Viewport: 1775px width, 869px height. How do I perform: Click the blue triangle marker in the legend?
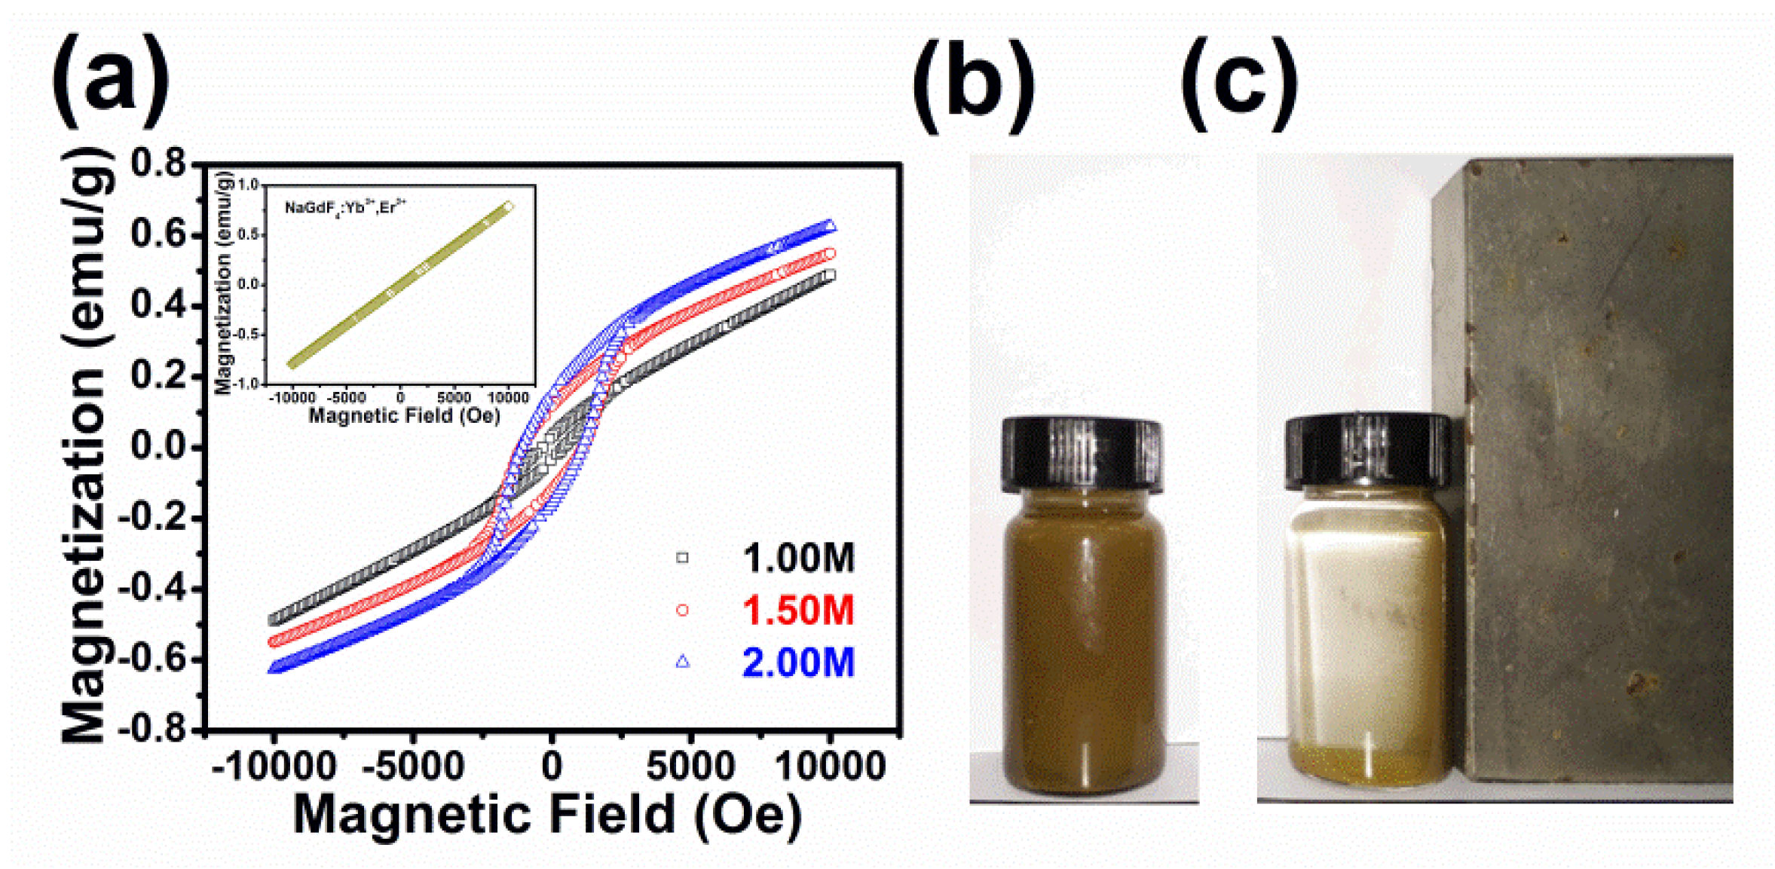pos(682,661)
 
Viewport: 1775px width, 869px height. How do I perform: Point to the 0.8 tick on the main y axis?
pos(158,163)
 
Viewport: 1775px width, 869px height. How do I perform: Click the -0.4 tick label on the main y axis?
pos(151,589)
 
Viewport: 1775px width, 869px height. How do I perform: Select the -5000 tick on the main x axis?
pos(412,766)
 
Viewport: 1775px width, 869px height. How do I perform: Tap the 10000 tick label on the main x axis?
pos(829,766)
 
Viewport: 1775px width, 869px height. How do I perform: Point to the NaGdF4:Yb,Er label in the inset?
pos(345,207)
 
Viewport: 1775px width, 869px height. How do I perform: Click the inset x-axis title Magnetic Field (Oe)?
pos(405,415)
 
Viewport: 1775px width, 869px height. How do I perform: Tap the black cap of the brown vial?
pos(1081,454)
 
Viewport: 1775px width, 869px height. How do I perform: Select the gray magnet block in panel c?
pos(1598,475)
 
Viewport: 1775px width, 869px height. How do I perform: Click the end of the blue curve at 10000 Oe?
pos(829,225)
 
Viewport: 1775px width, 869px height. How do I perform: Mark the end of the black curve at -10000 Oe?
pos(275,620)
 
